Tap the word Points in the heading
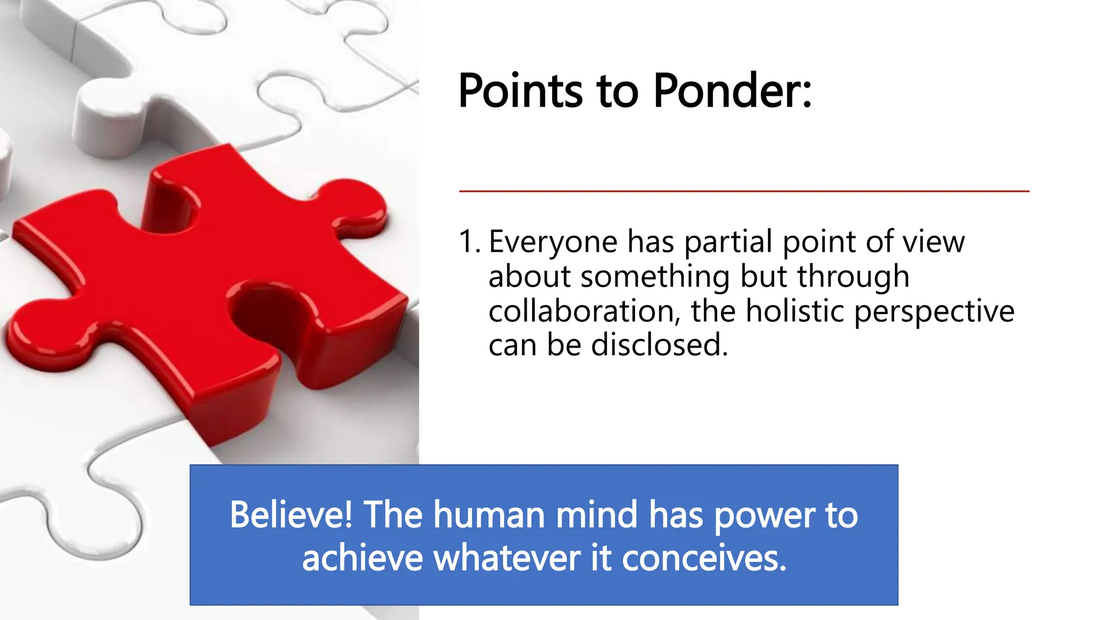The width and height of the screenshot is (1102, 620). click(x=520, y=91)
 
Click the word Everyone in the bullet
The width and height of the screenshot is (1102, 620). click(x=553, y=242)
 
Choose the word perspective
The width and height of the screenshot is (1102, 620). click(x=934, y=312)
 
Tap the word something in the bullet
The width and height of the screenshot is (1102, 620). click(x=655, y=277)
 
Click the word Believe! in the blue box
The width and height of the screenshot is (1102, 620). click(x=291, y=515)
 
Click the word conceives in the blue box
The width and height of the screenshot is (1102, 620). click(x=704, y=558)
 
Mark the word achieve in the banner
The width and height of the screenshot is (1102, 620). click(x=362, y=558)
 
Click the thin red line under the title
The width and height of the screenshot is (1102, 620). click(x=744, y=191)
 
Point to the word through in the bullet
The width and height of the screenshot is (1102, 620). click(x=853, y=277)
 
